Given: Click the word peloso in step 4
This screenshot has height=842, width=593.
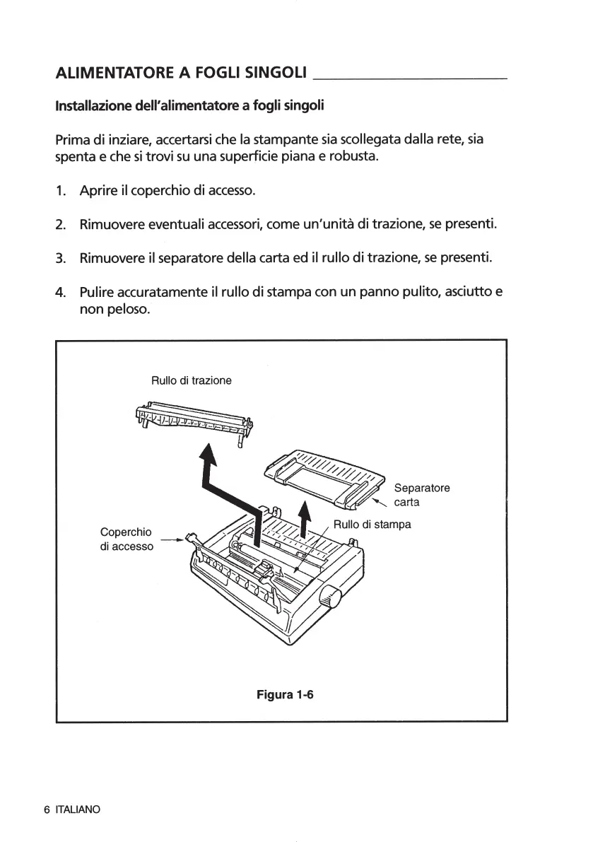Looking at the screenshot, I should click(x=127, y=309).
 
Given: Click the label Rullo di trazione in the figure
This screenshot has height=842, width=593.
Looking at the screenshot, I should click(x=192, y=380).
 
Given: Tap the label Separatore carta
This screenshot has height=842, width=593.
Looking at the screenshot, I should click(x=421, y=495).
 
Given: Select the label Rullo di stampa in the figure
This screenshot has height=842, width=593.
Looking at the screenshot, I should click(x=372, y=525).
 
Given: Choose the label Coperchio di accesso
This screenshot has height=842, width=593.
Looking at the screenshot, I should click(x=127, y=539).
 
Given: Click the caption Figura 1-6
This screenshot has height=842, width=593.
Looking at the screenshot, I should click(x=285, y=694).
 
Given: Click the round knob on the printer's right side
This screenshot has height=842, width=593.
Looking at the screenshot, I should click(x=330, y=598).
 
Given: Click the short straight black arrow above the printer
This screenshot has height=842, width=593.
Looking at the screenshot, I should click(x=305, y=520).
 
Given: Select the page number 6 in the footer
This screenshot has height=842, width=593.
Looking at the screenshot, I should click(x=47, y=809).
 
